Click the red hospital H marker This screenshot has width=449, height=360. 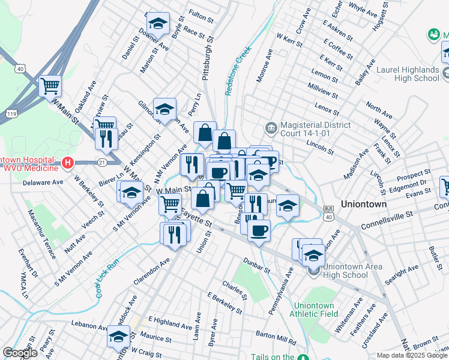pos(68,163)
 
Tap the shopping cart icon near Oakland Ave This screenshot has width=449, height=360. pos(50,86)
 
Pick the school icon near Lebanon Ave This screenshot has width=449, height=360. pos(118,337)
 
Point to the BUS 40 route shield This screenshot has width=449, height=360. pos(328,211)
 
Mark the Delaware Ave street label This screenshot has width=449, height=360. pos(43,182)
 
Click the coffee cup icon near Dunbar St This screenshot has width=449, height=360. pos(259,231)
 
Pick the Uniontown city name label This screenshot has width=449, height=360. pos(364,204)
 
